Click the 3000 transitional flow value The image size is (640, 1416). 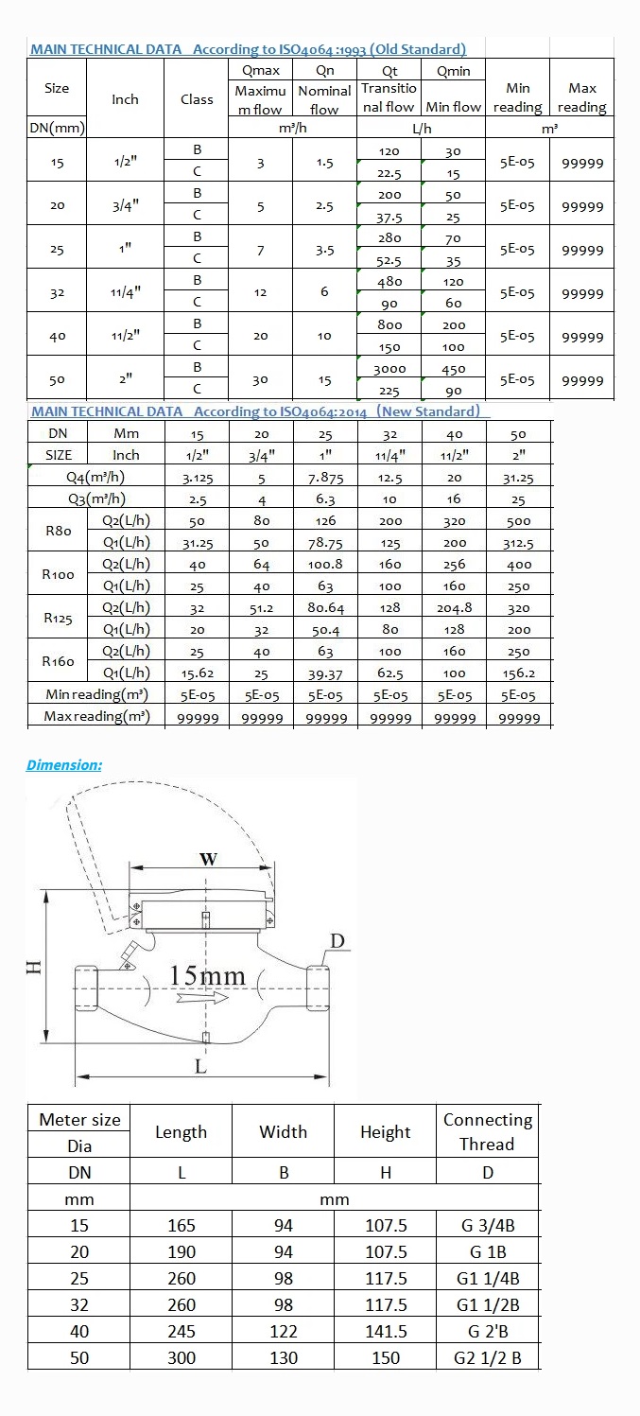(389, 369)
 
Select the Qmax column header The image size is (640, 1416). (260, 71)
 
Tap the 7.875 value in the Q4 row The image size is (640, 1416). (325, 477)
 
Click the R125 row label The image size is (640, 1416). (59, 618)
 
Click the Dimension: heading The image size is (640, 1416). (64, 764)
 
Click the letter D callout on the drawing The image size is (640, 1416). (337, 939)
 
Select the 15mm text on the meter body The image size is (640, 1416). (207, 975)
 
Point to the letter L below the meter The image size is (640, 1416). (200, 1065)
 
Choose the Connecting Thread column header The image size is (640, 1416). (487, 1131)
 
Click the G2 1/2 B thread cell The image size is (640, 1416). (487, 1357)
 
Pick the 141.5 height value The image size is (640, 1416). (386, 1331)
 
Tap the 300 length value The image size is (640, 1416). (181, 1357)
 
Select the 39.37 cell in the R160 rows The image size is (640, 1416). (325, 673)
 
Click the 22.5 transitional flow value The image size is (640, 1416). (389, 173)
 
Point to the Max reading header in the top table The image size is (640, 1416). (581, 97)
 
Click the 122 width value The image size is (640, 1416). (283, 1331)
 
